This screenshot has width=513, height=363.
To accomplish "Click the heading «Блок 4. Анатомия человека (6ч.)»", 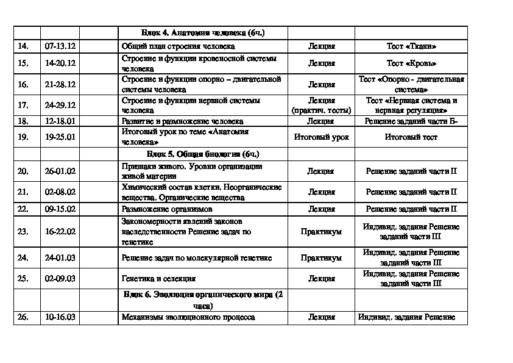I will tap(202, 33).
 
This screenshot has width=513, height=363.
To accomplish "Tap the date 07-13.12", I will tap(60, 46).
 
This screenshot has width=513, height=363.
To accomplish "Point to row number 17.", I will tap(23, 105).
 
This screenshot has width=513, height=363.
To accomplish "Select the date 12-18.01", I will tap(60, 121).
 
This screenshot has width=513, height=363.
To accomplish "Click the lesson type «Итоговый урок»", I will tap(321, 137).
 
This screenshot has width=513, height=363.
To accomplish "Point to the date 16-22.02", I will tap(60, 232).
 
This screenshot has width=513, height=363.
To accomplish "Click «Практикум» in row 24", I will tap(321, 257).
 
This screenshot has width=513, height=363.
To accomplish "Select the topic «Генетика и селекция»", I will tap(158, 278).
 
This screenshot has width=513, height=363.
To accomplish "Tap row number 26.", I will tap(23, 317).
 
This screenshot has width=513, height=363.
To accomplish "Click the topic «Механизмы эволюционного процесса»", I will tap(188, 317).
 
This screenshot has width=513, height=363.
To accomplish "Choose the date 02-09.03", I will tap(60, 278).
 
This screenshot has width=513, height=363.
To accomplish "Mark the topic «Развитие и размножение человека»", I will tap(182, 121).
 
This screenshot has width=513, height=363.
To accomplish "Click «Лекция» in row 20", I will tap(321, 171).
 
